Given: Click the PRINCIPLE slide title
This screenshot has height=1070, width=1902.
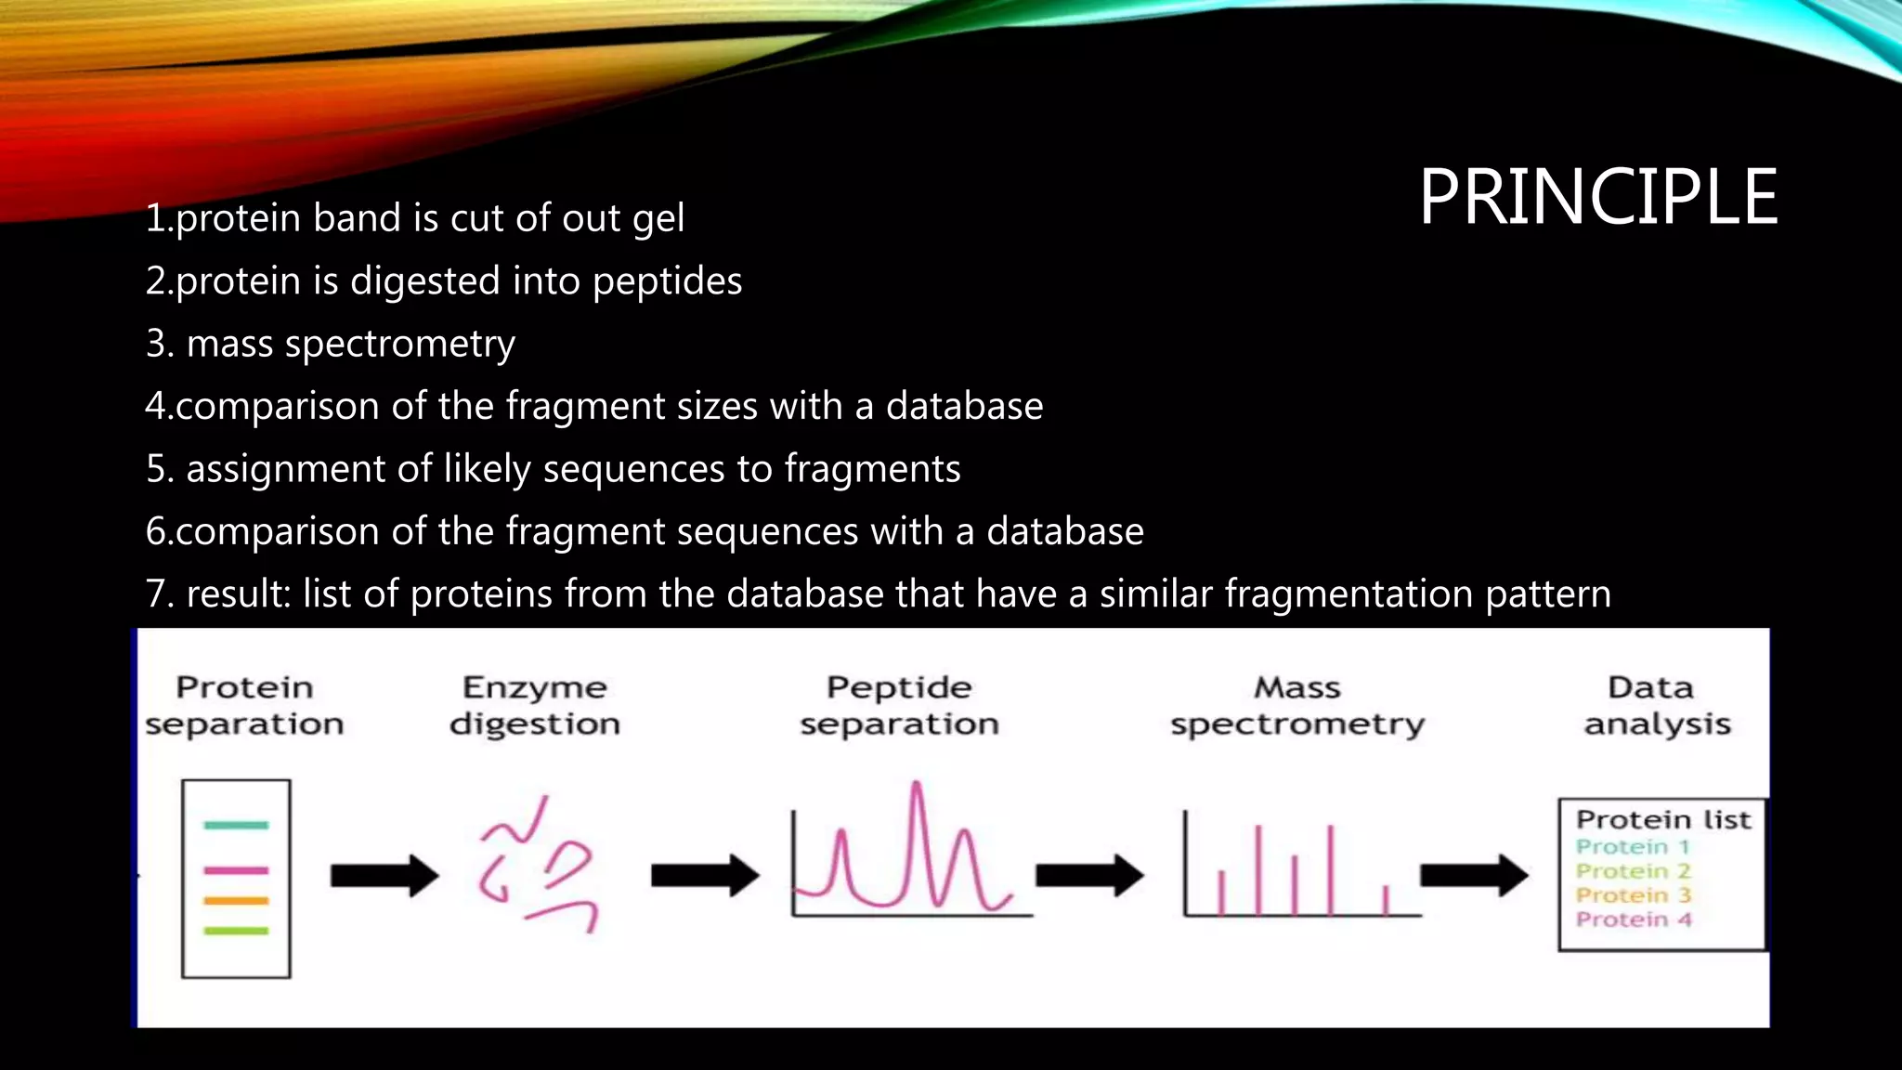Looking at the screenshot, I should click(1597, 197).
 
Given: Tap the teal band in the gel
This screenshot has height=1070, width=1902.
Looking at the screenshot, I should click(236, 825).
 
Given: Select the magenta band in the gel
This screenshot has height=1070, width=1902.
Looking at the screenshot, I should click(236, 870).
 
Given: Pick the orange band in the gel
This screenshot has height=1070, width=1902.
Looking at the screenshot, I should click(236, 900).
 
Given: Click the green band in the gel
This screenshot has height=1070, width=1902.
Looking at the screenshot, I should click(236, 930).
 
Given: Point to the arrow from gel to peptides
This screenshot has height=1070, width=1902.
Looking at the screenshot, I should click(384, 876).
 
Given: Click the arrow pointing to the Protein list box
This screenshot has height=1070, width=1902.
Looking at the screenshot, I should click(1474, 876).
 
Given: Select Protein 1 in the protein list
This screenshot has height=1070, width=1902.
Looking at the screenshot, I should click(1632, 846).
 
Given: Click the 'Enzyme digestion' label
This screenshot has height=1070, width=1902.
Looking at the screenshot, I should click(535, 705).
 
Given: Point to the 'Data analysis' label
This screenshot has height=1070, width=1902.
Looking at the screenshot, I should click(1657, 705).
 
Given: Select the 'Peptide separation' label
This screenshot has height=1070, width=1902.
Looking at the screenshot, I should click(899, 705).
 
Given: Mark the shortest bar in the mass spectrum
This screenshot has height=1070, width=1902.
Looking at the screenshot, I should click(1386, 900).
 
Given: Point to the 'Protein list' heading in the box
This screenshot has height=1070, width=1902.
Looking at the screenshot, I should click(1663, 819).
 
